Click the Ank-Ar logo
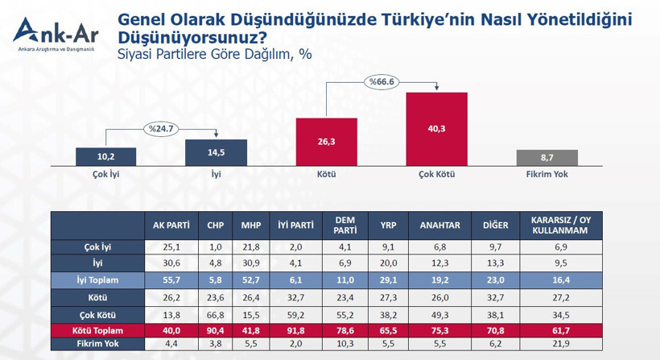point(56,35)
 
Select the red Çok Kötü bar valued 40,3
point(436,129)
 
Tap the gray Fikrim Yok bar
point(547,158)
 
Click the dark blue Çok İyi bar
point(105,156)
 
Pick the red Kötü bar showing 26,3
point(326,142)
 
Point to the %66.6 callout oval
point(382,81)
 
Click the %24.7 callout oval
point(161,129)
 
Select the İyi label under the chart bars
point(216,174)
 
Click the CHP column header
point(215,226)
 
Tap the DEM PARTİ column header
point(345,226)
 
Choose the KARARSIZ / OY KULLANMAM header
point(561,226)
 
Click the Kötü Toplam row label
point(97,330)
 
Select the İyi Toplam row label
point(97,280)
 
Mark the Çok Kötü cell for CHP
point(215,315)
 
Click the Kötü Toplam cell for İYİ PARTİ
point(296,330)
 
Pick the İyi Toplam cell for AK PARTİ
point(171,280)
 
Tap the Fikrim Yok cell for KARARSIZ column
point(561,344)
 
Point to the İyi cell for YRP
point(388,263)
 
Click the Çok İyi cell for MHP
point(251,247)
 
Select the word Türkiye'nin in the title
point(428,20)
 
